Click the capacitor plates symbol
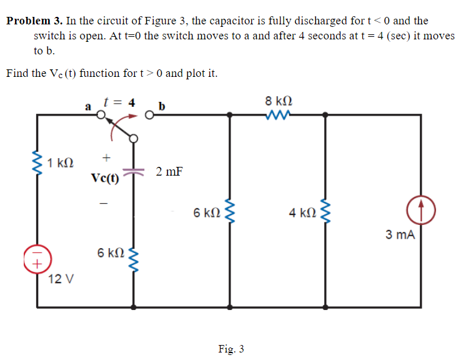tap(134, 171)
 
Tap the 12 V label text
tap(61, 279)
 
